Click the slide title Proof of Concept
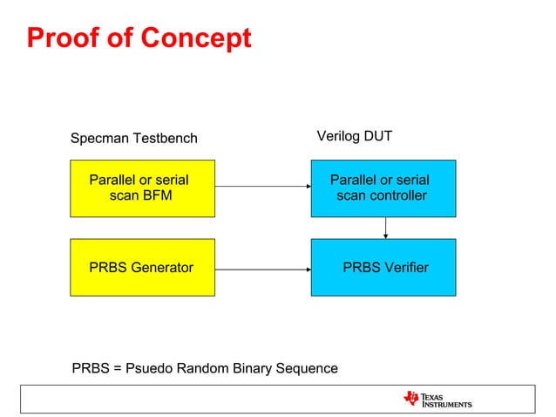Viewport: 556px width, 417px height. point(139,38)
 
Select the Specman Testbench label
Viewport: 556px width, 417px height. point(133,138)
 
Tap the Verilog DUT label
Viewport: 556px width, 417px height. point(354,137)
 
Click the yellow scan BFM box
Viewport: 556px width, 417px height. point(141,188)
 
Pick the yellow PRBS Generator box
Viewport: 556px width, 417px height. point(141,267)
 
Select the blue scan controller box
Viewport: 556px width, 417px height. point(383,188)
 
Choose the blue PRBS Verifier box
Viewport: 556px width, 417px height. point(383,267)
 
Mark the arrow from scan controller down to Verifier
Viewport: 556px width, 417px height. point(385,228)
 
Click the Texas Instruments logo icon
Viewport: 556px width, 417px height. point(410,399)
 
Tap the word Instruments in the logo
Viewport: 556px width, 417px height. point(446,405)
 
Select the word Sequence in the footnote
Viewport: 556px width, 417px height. point(307,368)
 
